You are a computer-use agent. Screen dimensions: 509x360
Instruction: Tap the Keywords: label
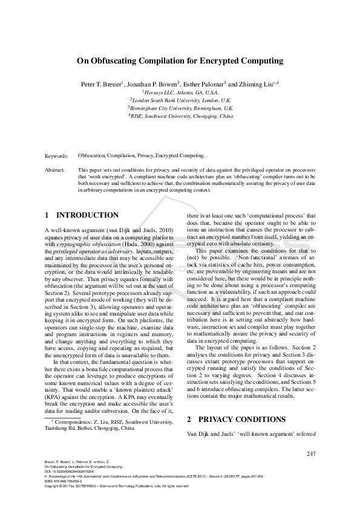coord(57,156)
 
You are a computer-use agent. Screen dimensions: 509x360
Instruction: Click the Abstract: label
coord(55,170)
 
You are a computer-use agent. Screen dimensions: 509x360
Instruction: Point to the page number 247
coord(311,454)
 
